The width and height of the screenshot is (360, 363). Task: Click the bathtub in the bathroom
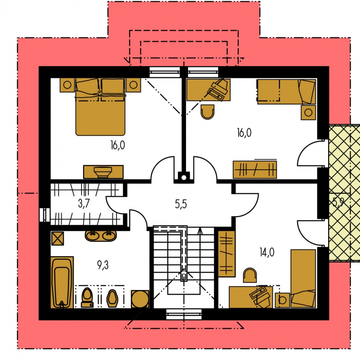tap(62, 282)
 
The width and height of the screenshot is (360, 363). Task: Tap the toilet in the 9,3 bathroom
tap(87, 298)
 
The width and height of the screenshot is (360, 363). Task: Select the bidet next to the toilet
tap(112, 298)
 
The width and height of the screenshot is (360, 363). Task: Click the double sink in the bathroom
tap(101, 236)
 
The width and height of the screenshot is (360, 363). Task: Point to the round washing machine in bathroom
tap(140, 299)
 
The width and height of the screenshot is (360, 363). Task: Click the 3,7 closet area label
tap(84, 204)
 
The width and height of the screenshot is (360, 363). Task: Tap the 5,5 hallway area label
tap(181, 204)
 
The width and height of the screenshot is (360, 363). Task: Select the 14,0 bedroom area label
tap(267, 252)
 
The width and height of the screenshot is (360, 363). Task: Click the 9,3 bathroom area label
tap(103, 265)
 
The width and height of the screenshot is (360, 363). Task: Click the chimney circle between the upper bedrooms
tap(184, 177)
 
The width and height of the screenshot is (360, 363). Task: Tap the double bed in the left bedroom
tap(100, 107)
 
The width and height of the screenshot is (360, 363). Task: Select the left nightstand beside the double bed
tap(67, 85)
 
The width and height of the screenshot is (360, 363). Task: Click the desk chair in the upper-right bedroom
tap(207, 112)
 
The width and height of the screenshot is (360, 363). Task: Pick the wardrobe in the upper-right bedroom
tap(255, 170)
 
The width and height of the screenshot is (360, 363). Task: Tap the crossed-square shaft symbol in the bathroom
tap(57, 238)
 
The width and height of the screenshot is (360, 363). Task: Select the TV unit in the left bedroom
tap(103, 172)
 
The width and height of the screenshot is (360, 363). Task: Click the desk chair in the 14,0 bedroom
tap(250, 275)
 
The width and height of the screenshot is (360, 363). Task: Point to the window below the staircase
tap(184, 314)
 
